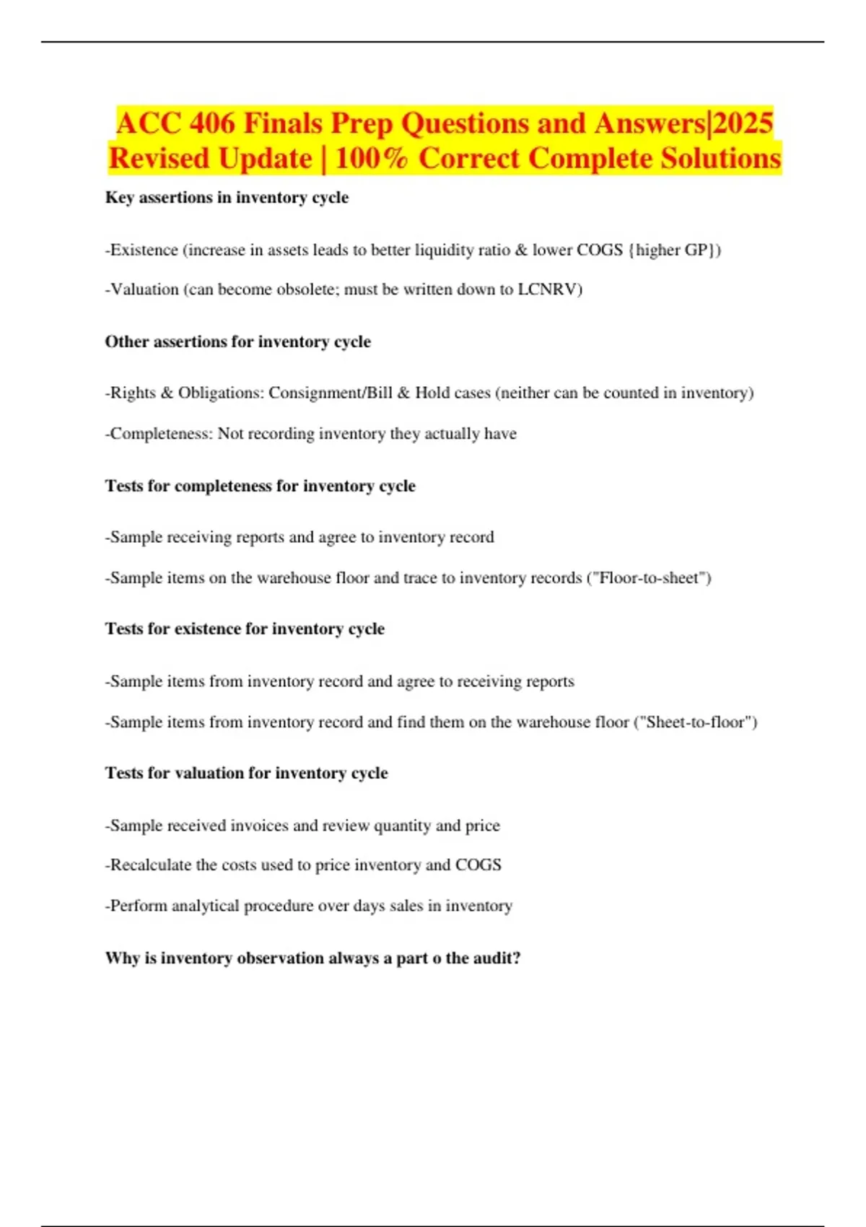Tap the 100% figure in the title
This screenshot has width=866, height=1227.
coord(372,159)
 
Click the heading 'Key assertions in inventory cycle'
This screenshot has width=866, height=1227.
coord(227,198)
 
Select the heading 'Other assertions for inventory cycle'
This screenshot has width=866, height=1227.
coord(237,341)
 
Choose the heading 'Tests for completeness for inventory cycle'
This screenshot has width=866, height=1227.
coord(260,486)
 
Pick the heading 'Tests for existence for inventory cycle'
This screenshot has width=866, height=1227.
coord(245,629)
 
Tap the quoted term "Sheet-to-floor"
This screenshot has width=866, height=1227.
coord(695,722)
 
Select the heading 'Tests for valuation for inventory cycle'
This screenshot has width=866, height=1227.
coord(246,773)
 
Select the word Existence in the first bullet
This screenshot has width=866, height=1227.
coord(144,250)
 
